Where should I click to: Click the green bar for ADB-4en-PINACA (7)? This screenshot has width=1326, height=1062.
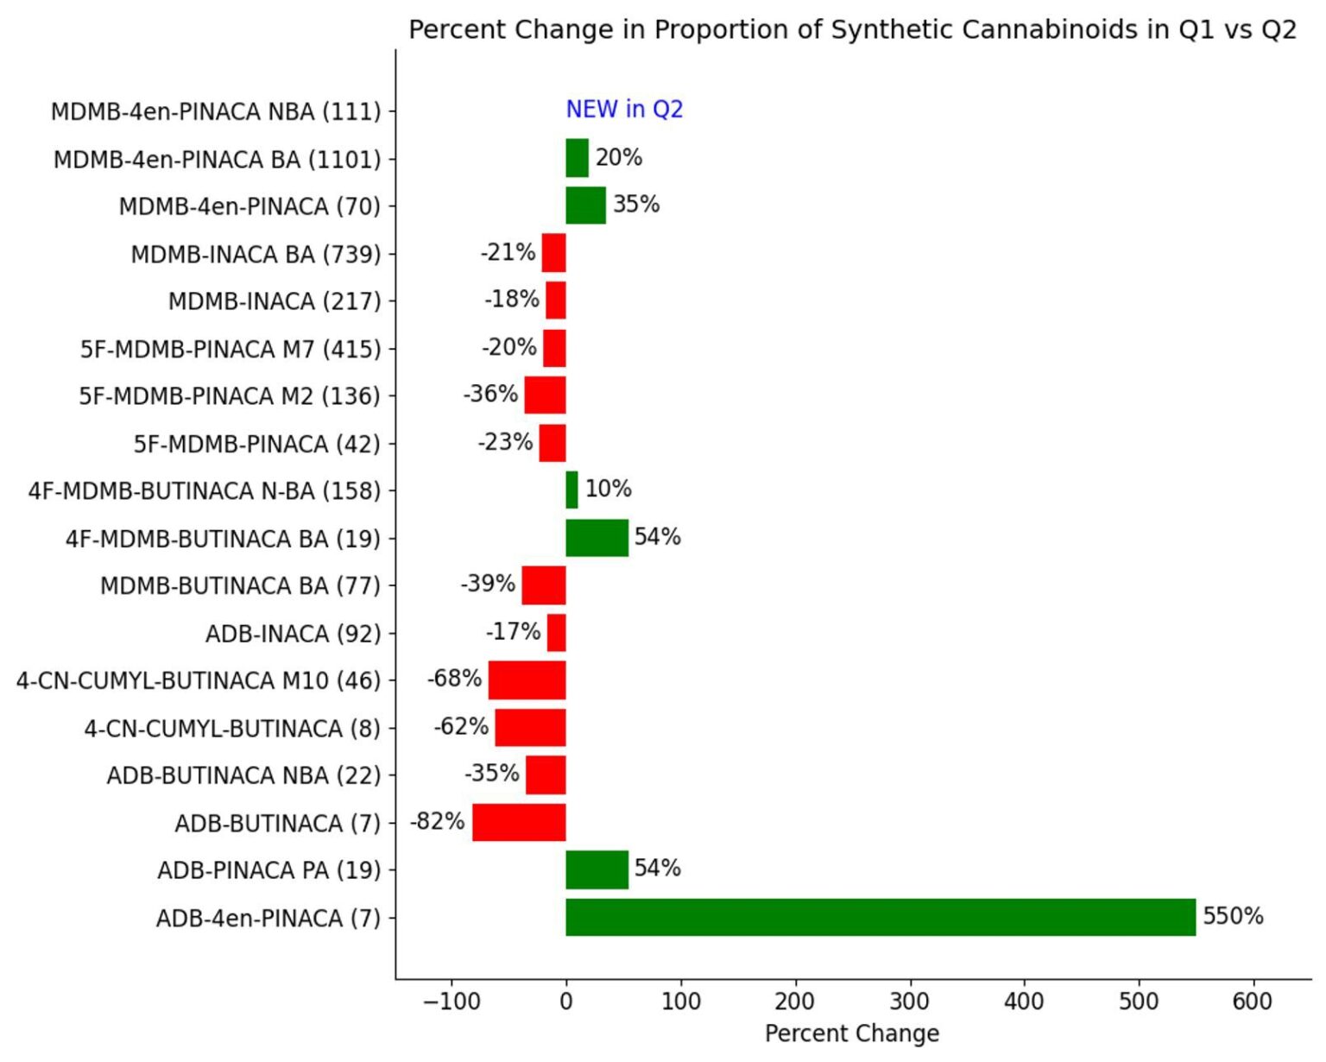[x=881, y=917]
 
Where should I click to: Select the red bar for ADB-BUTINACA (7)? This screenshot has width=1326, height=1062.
[x=519, y=822]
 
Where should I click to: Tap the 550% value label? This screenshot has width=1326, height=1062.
[x=1233, y=916]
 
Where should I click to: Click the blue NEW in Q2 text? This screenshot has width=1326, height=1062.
[x=624, y=110]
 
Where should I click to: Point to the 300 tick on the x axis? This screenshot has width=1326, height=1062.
[x=909, y=1002]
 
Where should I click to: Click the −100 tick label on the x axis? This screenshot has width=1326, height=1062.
[x=451, y=1002]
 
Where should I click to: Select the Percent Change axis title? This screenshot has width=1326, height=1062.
[x=852, y=1034]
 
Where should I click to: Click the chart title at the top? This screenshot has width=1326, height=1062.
[x=852, y=30]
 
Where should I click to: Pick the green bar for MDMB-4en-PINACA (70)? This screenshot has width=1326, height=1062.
[x=585, y=205]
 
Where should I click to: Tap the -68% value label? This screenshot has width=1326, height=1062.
[x=454, y=679]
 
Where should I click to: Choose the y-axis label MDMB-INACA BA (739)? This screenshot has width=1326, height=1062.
[x=256, y=255]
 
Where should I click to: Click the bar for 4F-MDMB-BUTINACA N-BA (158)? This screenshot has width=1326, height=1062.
[x=571, y=490]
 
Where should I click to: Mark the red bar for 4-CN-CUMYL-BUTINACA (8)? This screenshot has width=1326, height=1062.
[x=530, y=727]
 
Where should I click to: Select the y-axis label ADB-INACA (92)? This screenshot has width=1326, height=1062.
[x=293, y=634]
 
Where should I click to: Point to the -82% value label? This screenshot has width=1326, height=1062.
[x=437, y=821]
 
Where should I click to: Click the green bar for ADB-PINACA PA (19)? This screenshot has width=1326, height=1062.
[x=597, y=869]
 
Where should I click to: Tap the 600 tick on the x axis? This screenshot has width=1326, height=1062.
[x=1253, y=1002]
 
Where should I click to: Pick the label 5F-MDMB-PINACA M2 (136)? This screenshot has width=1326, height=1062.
[x=230, y=396]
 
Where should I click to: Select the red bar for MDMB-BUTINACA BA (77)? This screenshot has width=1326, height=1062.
[x=544, y=585]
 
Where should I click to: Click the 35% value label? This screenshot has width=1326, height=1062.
[x=636, y=205]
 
